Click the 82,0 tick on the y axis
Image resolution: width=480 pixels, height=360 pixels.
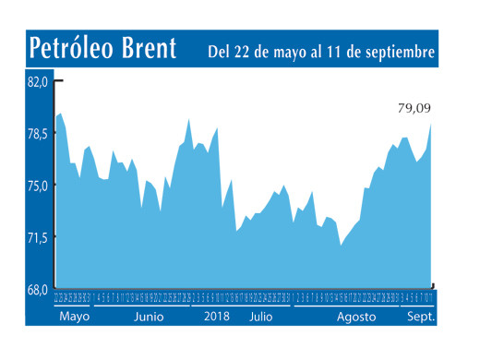click(x=36, y=82)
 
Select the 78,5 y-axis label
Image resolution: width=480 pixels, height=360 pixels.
click(x=36, y=134)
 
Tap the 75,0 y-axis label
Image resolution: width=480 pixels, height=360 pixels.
click(x=36, y=186)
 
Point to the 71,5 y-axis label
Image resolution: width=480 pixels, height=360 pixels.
click(x=36, y=237)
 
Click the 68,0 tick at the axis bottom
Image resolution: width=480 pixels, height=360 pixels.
click(x=36, y=289)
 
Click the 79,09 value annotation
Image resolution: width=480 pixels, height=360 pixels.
click(x=414, y=109)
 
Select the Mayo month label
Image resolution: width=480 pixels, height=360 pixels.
click(x=74, y=317)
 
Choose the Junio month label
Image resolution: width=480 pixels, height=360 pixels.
click(x=149, y=317)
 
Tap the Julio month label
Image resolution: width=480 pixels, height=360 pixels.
click(x=261, y=317)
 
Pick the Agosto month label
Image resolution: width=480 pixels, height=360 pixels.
click(x=356, y=317)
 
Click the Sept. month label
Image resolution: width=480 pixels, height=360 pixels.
click(x=421, y=317)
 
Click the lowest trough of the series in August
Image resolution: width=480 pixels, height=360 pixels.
click(x=341, y=246)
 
